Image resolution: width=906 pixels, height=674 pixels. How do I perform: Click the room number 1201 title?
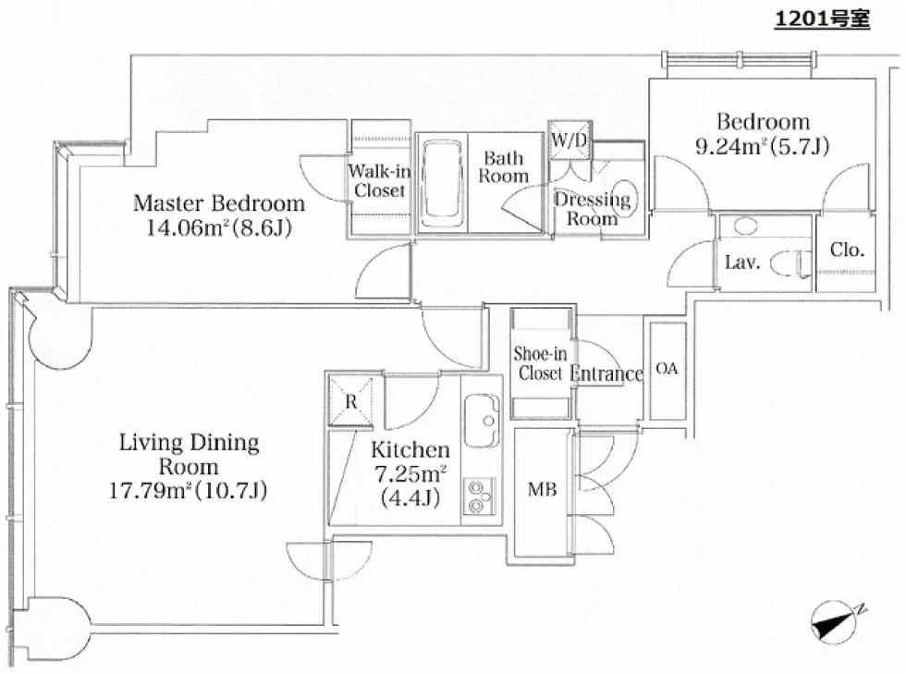[x=822, y=19]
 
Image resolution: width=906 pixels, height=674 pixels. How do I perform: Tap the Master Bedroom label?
[x=219, y=203]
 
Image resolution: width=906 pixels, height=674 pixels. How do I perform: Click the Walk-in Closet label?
[x=380, y=180]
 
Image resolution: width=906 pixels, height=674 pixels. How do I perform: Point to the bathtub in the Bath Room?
[x=442, y=183]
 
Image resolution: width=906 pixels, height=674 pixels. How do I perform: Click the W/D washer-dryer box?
[x=569, y=140]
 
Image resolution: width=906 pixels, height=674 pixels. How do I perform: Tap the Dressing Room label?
[x=593, y=209]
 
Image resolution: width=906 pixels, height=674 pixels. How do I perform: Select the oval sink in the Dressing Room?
[x=625, y=198]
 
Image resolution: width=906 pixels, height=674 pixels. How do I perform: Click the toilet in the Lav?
[x=791, y=263]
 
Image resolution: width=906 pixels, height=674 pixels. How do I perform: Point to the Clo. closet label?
[x=847, y=250]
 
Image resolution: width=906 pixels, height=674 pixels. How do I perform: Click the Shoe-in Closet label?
[x=540, y=363]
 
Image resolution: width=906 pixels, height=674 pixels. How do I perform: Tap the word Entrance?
[x=606, y=374]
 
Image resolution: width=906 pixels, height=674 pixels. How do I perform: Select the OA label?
[x=667, y=368]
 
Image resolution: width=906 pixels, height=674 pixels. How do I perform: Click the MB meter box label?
[x=543, y=490]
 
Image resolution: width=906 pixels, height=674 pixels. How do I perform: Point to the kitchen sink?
[x=483, y=421]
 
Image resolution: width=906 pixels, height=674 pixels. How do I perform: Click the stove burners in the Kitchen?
[x=479, y=496]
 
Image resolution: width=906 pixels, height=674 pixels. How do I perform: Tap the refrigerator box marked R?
[x=350, y=401]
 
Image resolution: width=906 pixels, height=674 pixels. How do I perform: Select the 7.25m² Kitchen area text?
[x=410, y=474]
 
